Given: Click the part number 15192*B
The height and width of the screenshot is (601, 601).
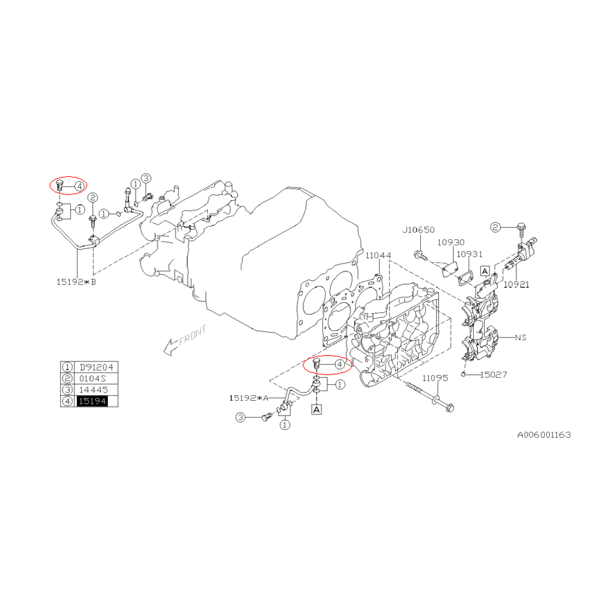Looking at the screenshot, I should (x=76, y=282).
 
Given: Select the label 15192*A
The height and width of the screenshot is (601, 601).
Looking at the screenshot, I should (x=249, y=398).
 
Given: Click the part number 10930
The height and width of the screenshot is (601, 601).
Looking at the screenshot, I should (x=451, y=243).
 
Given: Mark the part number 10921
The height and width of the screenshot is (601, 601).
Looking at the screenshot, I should (x=516, y=284).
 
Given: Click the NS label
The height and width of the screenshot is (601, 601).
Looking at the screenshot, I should (x=521, y=337).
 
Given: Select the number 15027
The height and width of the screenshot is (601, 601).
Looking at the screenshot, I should (x=494, y=374).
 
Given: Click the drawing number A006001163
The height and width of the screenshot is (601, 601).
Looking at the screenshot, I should (x=544, y=434).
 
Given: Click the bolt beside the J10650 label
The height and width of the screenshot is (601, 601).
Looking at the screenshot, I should (x=420, y=255).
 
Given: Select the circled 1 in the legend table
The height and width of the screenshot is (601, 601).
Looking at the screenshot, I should (x=67, y=367).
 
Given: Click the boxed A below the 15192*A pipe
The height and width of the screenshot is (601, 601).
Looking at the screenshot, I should (x=316, y=409).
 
